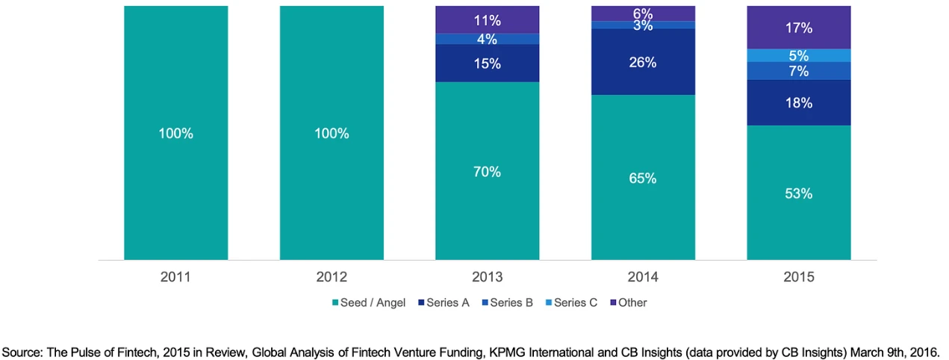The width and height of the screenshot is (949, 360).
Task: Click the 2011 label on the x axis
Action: click(175, 277)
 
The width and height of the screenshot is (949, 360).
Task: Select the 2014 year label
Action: click(643, 277)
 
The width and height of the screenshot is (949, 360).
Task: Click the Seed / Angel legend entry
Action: click(368, 302)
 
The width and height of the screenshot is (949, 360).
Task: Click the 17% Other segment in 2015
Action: click(799, 28)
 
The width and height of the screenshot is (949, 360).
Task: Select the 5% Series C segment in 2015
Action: click(799, 55)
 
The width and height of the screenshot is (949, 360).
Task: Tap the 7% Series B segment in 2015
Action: click(799, 71)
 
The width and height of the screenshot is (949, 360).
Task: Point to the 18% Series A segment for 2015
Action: click(799, 103)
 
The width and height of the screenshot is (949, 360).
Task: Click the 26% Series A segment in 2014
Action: click(643, 62)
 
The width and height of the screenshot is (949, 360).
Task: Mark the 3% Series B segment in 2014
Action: click(643, 25)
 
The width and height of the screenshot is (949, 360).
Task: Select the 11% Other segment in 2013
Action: click(488, 19)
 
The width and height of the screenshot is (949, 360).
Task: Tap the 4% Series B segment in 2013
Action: click(488, 39)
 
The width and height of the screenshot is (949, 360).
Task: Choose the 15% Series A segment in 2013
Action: click(488, 63)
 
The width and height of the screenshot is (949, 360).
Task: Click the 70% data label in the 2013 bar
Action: click(488, 171)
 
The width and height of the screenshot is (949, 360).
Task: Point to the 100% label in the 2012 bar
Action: click(332, 134)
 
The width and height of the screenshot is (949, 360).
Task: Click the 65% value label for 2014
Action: click(643, 178)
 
